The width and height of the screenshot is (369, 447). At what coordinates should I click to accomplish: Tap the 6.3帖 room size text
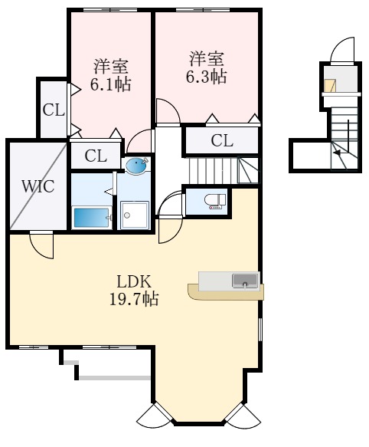click(207, 77)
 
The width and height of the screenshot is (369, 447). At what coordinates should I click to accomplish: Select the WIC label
click(37, 187)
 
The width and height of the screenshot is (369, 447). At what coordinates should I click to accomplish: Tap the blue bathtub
click(91, 217)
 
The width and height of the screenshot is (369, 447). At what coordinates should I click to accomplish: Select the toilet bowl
click(214, 201)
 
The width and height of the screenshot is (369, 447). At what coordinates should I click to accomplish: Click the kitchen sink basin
click(245, 279)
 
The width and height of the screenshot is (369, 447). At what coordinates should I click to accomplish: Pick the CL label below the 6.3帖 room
click(221, 140)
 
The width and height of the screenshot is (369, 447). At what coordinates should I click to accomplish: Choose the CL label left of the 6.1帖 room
click(53, 110)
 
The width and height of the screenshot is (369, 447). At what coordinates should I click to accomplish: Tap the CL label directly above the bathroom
click(95, 156)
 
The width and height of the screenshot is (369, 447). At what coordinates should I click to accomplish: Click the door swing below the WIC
click(42, 245)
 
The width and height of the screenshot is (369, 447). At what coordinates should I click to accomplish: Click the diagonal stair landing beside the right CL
click(248, 170)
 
